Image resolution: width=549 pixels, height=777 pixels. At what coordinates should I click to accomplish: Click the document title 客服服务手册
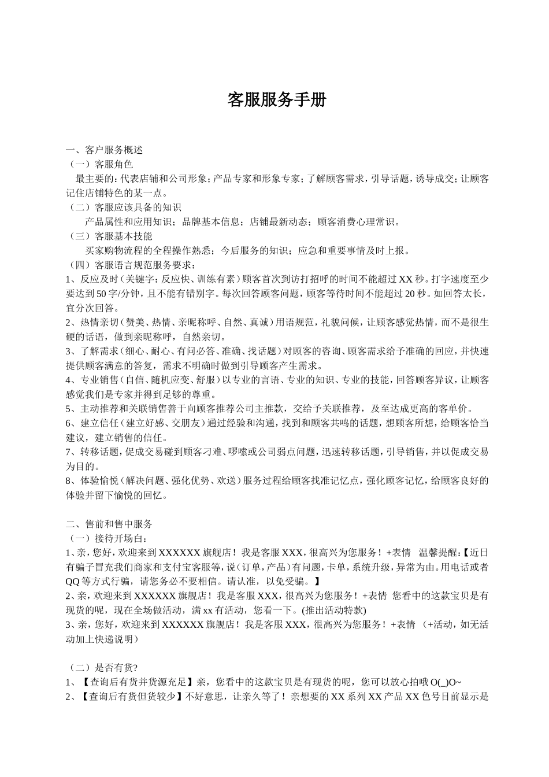click(x=277, y=100)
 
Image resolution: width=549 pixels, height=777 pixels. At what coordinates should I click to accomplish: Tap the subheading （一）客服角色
click(x=101, y=164)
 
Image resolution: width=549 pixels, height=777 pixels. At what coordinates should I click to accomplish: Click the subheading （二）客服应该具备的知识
click(x=124, y=207)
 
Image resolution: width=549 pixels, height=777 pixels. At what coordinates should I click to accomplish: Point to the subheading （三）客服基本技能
click(x=110, y=236)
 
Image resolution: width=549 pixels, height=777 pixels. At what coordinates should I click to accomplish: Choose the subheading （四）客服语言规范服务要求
click(x=132, y=265)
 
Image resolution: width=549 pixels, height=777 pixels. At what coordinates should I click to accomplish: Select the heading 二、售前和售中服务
click(x=110, y=524)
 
